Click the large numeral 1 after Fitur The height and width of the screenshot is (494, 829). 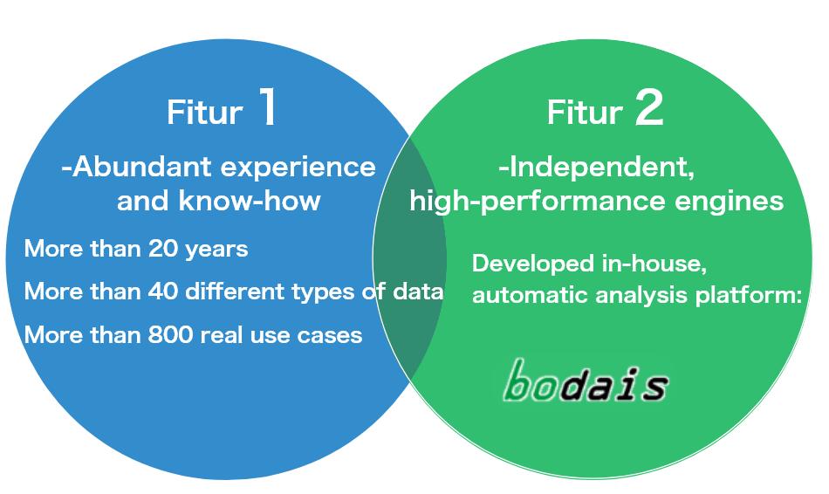tap(268, 106)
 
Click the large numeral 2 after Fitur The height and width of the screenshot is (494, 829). tap(648, 107)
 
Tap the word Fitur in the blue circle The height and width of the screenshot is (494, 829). tap(204, 112)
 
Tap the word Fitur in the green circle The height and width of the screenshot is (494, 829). tap(585, 113)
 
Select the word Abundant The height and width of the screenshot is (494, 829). tap(141, 167)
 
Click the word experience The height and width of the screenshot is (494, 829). tap(298, 168)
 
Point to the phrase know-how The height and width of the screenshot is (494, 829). tap(250, 201)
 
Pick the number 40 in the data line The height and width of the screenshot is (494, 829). tap(163, 292)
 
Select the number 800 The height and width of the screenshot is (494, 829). tap(170, 335)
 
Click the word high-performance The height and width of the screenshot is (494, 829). tap(538, 202)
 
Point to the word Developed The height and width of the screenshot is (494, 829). tap(533, 264)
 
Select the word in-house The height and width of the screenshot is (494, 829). tap(654, 264)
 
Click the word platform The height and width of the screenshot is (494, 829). tap(749, 296)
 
